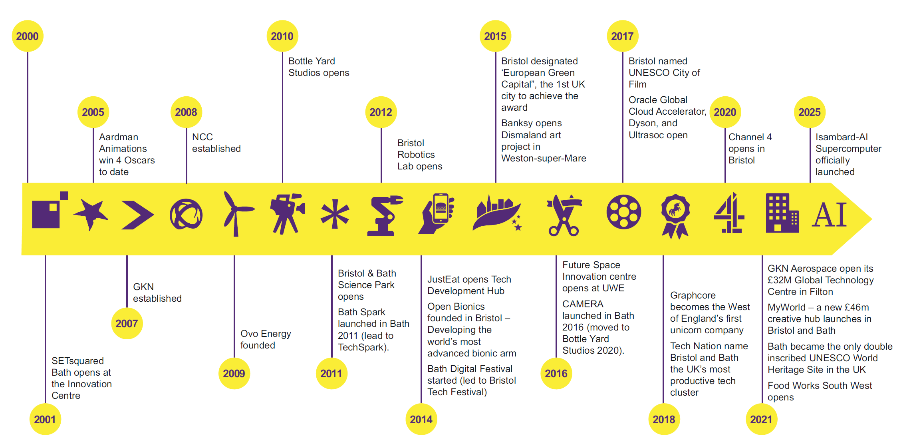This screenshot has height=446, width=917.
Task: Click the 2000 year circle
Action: (x=28, y=36)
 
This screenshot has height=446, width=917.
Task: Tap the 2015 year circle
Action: (x=495, y=36)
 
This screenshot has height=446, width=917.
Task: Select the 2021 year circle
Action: (x=761, y=419)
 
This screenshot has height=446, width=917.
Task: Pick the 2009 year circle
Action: (x=234, y=373)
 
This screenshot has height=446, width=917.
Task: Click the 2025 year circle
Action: (x=810, y=112)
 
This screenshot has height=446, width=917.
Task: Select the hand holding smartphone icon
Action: (x=436, y=213)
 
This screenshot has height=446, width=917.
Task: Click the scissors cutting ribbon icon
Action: (x=564, y=215)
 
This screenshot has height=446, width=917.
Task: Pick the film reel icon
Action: (x=624, y=212)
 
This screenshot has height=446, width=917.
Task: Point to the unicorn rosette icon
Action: (x=675, y=216)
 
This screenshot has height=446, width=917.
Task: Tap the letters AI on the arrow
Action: (x=829, y=215)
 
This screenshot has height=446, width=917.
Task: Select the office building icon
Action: (x=782, y=213)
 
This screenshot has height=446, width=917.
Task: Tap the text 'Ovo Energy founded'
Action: (x=266, y=339)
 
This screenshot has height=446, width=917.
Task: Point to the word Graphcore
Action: (x=693, y=295)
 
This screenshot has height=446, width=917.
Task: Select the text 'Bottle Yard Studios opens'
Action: (x=319, y=67)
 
